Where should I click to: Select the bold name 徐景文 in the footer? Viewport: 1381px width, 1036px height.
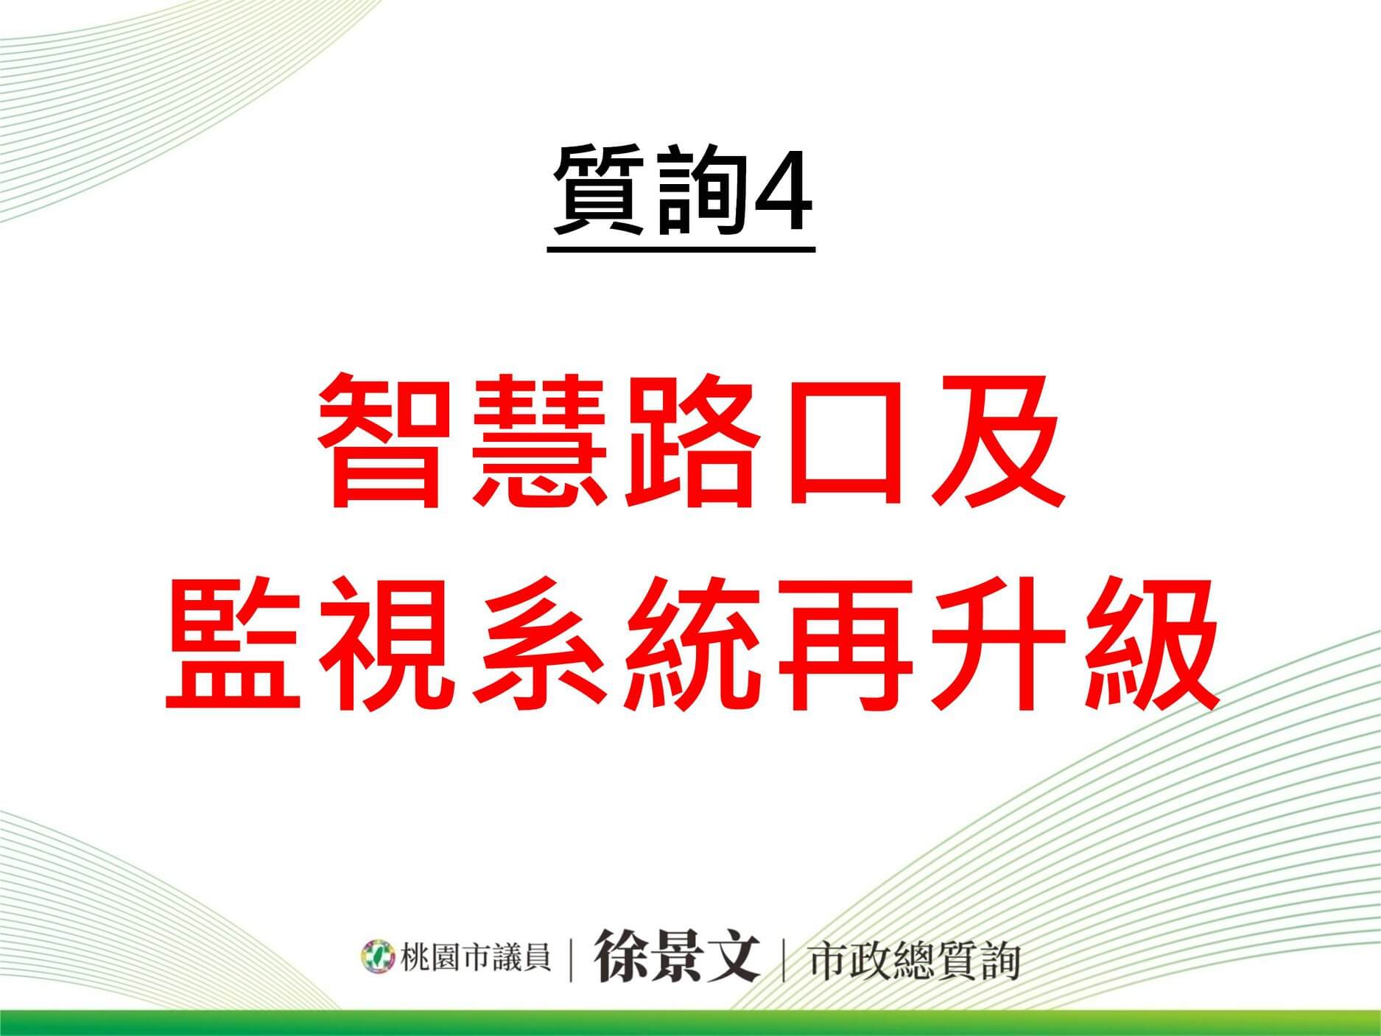tap(677, 955)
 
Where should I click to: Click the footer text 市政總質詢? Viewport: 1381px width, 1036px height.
tap(913, 960)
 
